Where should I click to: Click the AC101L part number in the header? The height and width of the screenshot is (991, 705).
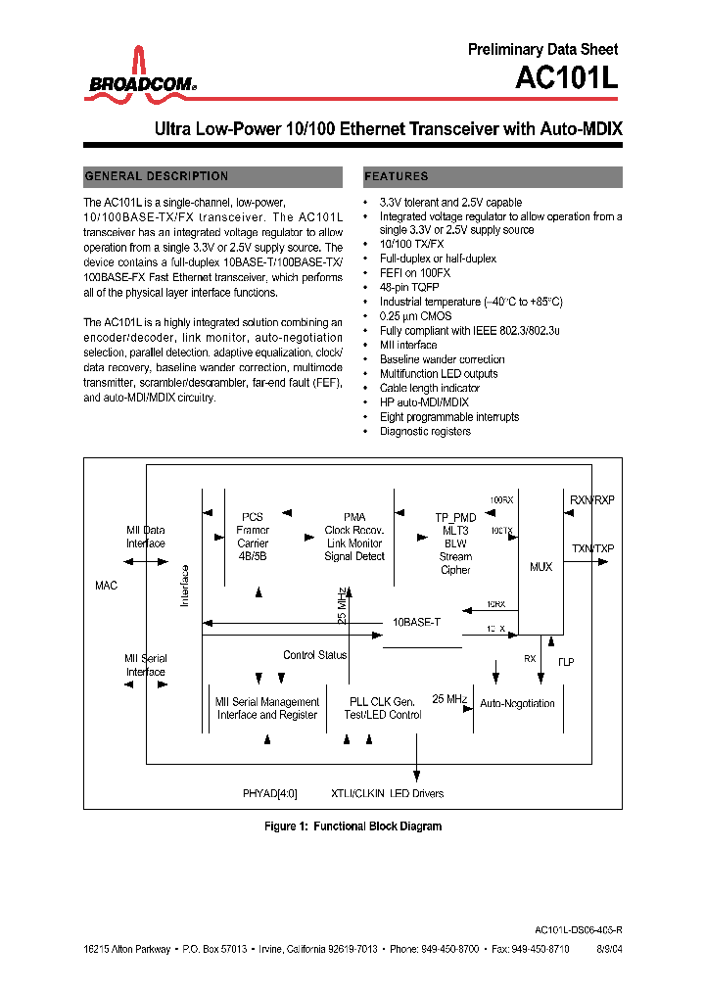click(568, 77)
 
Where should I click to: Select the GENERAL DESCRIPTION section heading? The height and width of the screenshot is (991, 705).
click(157, 176)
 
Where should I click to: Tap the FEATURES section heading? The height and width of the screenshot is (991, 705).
click(397, 176)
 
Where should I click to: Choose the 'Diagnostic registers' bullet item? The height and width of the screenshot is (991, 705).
click(425, 431)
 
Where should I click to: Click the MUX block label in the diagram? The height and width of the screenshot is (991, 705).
click(540, 567)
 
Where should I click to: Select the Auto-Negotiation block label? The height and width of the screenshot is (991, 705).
click(517, 703)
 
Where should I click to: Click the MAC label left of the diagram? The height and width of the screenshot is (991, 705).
click(106, 586)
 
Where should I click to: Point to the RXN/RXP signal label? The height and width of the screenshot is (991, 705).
click(591, 500)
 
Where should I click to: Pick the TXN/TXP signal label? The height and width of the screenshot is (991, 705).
click(592, 549)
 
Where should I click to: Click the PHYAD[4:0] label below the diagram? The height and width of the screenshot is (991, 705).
click(269, 793)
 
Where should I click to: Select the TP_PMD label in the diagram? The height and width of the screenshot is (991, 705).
click(455, 517)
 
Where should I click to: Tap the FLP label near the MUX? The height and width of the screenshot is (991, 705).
click(566, 662)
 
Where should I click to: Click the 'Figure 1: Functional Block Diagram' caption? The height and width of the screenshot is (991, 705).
click(352, 826)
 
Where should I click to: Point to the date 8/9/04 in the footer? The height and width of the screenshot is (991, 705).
click(606, 949)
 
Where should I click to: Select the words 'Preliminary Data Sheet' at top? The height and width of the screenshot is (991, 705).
click(542, 49)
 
